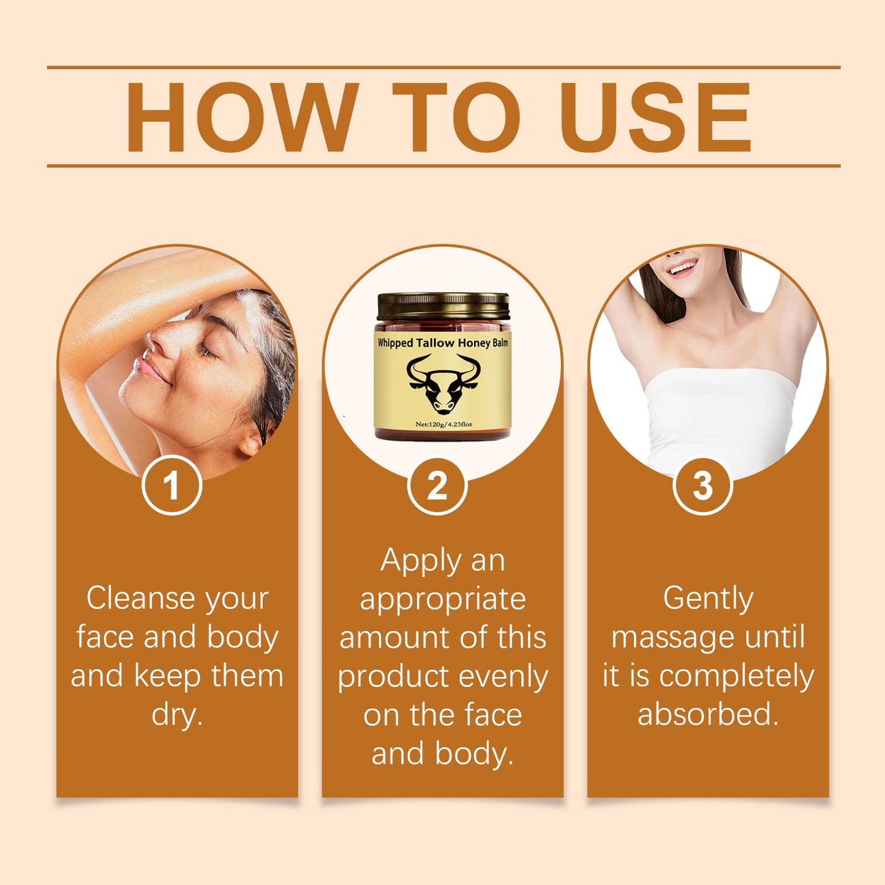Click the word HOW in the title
click(x=241, y=117)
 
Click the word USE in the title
click(x=655, y=117)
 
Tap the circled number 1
click(x=171, y=485)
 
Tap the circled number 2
click(x=437, y=485)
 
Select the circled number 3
click(x=702, y=485)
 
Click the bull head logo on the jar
click(x=443, y=384)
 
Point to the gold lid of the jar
click(x=443, y=306)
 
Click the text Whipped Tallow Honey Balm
click(x=443, y=343)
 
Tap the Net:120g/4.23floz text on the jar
click(x=443, y=424)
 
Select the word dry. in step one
click(x=177, y=715)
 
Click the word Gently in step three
click(x=708, y=600)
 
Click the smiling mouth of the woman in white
click(x=682, y=267)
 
